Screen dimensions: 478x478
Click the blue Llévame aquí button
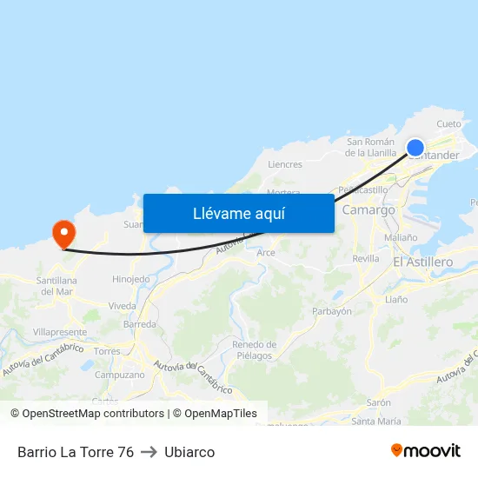coord(238,213)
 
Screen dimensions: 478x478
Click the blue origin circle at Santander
coord(415,148)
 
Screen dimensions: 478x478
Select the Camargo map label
coord(369,210)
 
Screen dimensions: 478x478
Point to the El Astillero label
coord(422,262)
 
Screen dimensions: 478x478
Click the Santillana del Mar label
coord(57,285)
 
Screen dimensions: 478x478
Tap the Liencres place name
coord(285,164)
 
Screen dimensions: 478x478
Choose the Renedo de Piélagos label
coord(254,350)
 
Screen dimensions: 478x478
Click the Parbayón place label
coord(331,311)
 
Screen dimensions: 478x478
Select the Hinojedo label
coord(131,279)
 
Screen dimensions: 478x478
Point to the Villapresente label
coord(60,332)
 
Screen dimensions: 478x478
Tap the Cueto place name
coord(449,124)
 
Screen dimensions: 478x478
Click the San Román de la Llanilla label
coord(371,147)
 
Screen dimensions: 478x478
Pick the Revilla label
coord(366,259)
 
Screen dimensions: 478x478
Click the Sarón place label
coord(378,403)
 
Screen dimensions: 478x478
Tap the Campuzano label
coord(119,375)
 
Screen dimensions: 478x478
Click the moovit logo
coord(426,451)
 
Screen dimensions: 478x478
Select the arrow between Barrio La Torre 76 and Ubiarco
coord(149,452)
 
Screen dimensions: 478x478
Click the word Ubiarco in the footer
coord(189,452)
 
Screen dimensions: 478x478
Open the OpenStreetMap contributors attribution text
coord(93,414)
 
